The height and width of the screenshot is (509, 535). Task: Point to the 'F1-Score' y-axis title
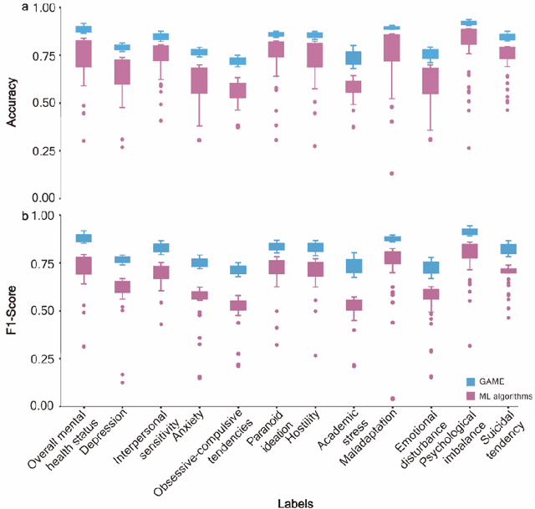pos(12,310)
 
